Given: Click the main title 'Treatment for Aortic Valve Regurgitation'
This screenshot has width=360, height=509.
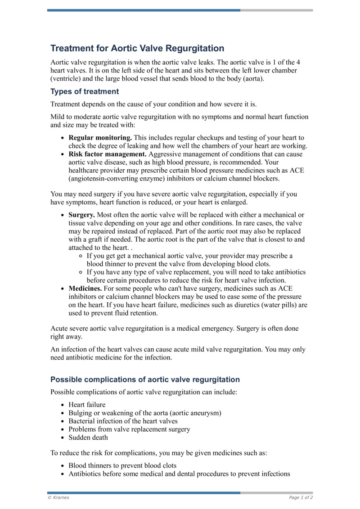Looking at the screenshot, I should [x=137, y=48].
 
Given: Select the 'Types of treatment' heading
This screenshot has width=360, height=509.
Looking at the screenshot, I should [x=85, y=91].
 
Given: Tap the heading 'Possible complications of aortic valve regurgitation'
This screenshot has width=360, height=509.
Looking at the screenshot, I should [x=145, y=379].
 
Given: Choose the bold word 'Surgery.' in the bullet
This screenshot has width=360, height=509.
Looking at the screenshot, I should [x=81, y=215].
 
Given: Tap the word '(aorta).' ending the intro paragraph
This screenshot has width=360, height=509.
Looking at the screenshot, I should [x=252, y=79].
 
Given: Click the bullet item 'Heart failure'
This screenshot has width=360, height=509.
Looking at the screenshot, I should [x=87, y=405].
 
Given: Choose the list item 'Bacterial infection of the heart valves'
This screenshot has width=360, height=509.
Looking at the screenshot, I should [x=123, y=421].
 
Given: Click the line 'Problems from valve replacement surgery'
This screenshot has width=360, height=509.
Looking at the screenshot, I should [x=129, y=429].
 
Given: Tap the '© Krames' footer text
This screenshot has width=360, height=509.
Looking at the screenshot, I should [x=58, y=498].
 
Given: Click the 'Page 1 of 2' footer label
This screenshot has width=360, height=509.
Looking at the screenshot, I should [x=301, y=498].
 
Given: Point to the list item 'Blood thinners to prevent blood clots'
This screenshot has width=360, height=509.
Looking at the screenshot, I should [x=122, y=465].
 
